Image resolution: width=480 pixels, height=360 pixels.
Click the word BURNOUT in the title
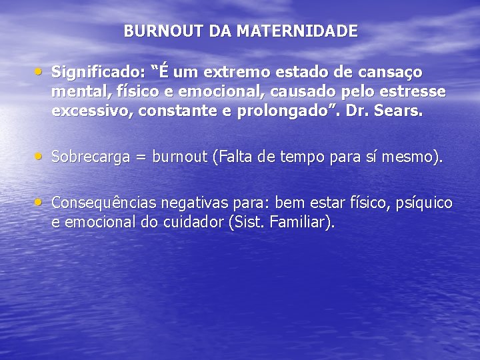(x=153, y=31)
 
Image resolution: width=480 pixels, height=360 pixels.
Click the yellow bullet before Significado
(x=42, y=69)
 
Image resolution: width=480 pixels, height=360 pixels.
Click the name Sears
(x=402, y=111)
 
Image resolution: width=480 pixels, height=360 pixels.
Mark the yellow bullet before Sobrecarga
(x=42, y=156)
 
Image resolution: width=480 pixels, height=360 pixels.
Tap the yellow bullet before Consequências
(x=42, y=201)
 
